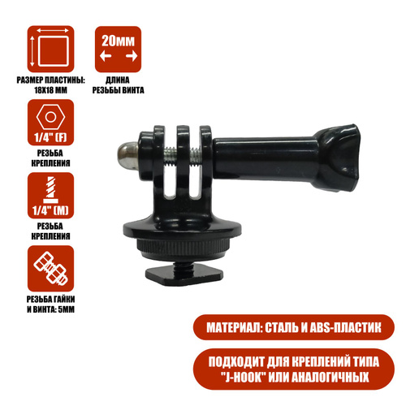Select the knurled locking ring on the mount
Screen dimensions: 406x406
(182, 247)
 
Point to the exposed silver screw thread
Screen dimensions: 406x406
(183, 157)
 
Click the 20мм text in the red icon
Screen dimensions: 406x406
(118, 41)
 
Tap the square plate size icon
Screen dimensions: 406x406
(50, 50)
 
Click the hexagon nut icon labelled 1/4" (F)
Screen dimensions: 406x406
(50, 123)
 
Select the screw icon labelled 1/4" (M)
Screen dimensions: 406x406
(50, 196)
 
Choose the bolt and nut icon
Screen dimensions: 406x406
(50, 269)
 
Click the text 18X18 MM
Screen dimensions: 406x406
(50, 90)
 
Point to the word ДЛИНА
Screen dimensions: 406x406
(118, 80)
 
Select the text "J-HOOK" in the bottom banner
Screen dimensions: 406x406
(242, 377)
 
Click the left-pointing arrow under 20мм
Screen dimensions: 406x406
(106, 56)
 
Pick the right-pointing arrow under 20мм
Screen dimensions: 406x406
(132, 56)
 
